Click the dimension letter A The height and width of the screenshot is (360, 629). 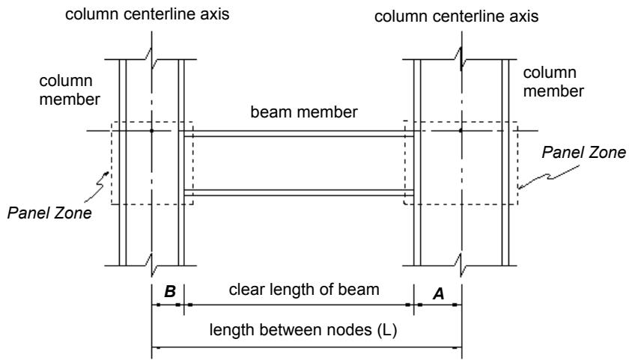tap(439, 294)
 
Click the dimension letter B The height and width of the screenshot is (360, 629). tap(170, 291)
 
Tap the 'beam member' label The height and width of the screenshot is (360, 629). tap(304, 112)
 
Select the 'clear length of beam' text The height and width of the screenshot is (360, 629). tap(304, 290)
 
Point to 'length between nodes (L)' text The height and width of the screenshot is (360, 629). tap(303, 330)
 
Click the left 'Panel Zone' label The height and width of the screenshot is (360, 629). tap(49, 213)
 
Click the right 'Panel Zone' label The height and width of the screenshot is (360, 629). tap(583, 153)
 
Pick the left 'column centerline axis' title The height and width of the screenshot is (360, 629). tap(148, 14)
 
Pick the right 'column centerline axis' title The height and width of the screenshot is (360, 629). tap(457, 16)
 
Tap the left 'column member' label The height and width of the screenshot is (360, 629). tap(70, 91)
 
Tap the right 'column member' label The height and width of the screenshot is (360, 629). tap(553, 82)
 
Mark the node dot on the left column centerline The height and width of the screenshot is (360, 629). tap(151, 131)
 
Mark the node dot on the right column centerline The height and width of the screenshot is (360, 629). tap(461, 131)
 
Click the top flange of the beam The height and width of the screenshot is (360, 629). tap(299, 134)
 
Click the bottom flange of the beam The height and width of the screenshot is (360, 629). tap(299, 192)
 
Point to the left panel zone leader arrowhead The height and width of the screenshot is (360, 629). tap(106, 174)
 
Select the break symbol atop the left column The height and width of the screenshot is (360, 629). tap(151, 58)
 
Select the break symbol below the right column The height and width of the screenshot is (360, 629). tap(461, 265)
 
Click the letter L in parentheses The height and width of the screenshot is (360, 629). tap(387, 330)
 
